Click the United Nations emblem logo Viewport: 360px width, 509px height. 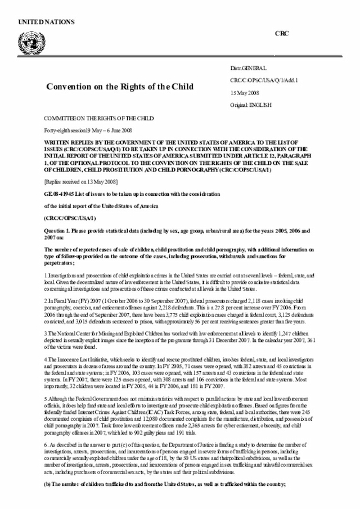(x=26, y=41)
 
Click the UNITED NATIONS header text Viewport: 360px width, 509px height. (x=46, y=22)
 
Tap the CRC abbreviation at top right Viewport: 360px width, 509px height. (x=281, y=34)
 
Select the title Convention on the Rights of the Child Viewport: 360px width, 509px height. (x=119, y=87)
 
